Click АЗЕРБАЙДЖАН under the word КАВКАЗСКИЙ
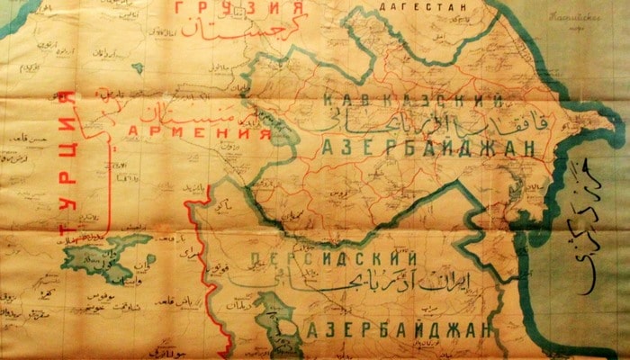click(423, 147)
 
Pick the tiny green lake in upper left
click(137, 67)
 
